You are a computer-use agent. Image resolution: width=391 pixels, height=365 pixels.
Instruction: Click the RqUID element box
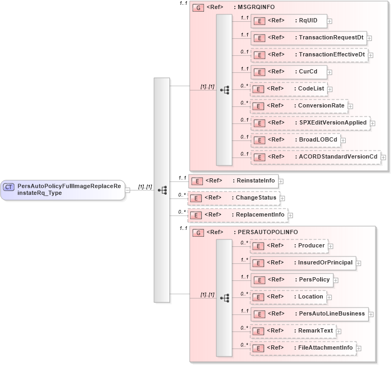click(x=288, y=21)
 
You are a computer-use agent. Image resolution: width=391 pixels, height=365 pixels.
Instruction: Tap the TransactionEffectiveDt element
click(x=309, y=55)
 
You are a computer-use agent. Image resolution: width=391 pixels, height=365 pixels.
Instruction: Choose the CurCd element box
click(x=288, y=72)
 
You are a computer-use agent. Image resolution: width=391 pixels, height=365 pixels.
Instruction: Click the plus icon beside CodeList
click(x=330, y=89)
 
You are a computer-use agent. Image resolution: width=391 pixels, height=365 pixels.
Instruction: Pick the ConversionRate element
click(x=299, y=106)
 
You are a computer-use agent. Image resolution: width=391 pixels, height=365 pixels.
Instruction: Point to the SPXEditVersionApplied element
click(x=310, y=123)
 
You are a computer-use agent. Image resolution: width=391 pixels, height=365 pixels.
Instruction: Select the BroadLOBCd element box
click(x=296, y=140)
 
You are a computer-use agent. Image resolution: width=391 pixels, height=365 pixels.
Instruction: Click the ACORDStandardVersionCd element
click(x=315, y=157)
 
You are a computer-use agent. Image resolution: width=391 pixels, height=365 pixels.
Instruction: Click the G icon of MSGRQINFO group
click(x=197, y=8)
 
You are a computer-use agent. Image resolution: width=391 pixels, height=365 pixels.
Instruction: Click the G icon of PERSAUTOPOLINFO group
click(x=197, y=233)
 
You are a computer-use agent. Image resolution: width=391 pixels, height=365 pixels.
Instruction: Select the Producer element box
click(x=289, y=246)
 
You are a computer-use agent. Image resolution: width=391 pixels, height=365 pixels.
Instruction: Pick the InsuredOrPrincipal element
click(x=303, y=263)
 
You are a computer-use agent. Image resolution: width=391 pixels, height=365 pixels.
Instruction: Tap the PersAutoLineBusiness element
click(x=309, y=314)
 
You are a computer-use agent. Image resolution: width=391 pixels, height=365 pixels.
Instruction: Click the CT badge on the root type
click(x=9, y=187)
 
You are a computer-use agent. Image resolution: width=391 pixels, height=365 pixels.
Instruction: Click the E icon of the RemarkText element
click(x=258, y=331)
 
